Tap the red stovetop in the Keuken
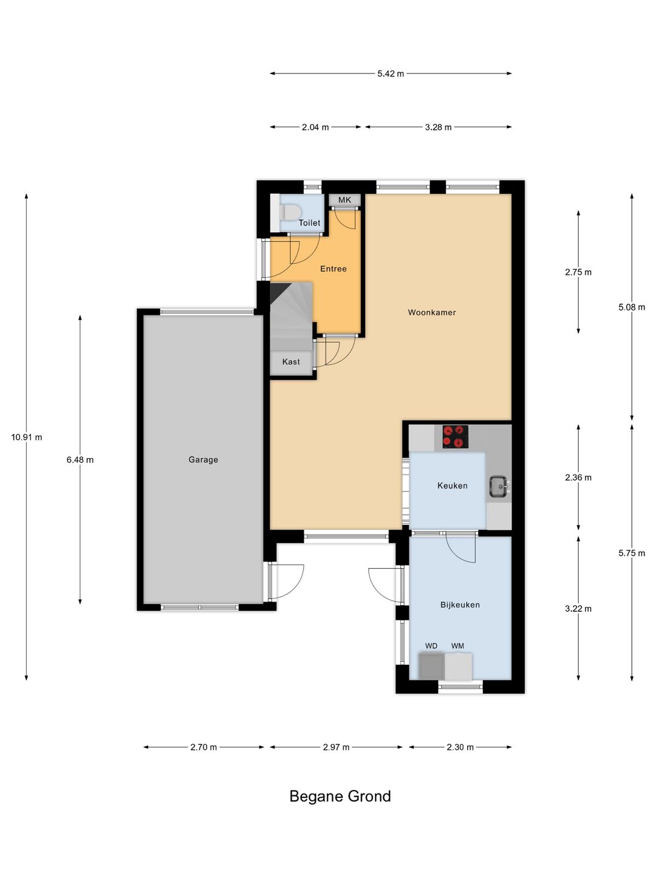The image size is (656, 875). tap(456, 436)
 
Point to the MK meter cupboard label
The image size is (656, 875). tap(344, 200)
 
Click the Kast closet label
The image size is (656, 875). tap(291, 362)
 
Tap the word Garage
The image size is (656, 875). tap(203, 459)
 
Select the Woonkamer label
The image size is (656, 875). tap(432, 312)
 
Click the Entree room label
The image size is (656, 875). tap(333, 269)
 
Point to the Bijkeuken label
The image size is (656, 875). tap(460, 605)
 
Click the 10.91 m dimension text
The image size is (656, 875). tap(27, 437)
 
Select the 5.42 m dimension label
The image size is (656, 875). tap(391, 74)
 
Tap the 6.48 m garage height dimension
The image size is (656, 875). tap(80, 459)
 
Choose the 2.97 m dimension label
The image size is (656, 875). tap(336, 747)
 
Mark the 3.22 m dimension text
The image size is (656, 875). tap(578, 609)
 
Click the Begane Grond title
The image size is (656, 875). tap(340, 796)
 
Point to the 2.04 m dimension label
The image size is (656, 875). tap(315, 127)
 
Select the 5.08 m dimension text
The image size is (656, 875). tap(632, 307)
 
